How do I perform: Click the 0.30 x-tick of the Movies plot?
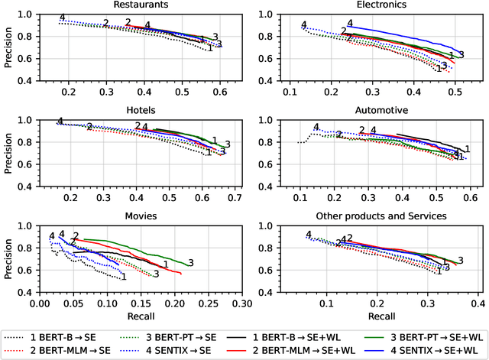pos(242,303)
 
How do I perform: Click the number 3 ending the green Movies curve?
pos(190,263)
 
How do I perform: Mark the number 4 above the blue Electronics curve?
pos(350,24)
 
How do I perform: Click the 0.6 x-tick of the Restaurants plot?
pos(220,92)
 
